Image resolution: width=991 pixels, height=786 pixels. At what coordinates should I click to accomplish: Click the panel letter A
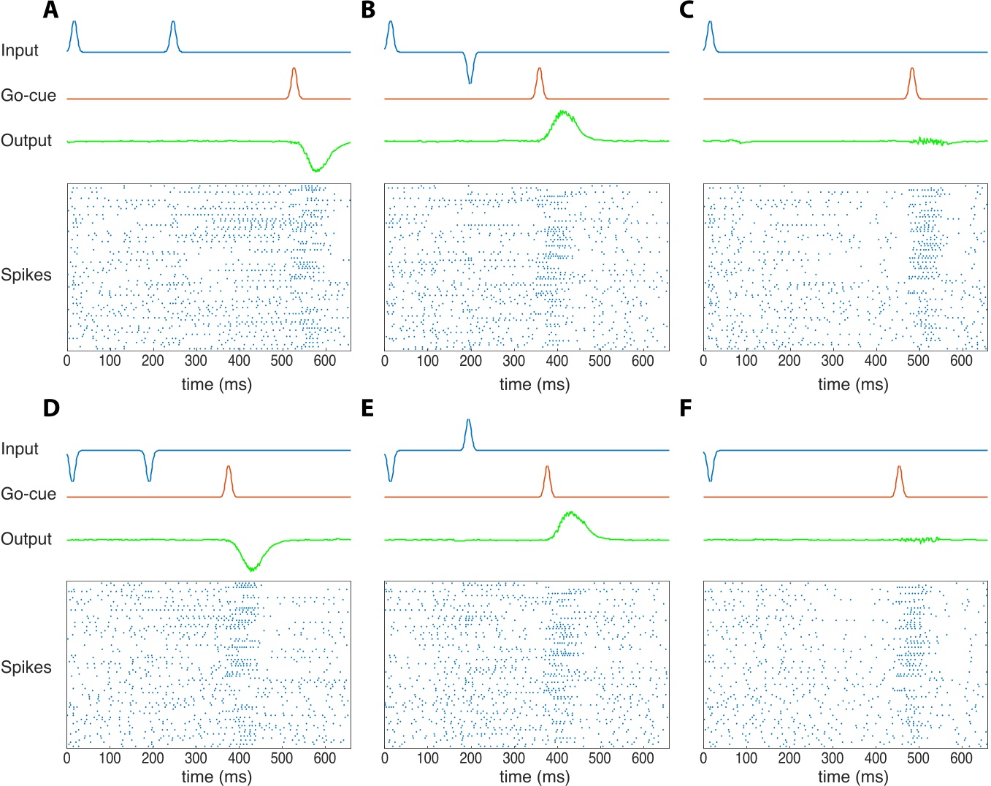(x=50, y=10)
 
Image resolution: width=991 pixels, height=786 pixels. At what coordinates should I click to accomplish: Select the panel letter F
(x=685, y=408)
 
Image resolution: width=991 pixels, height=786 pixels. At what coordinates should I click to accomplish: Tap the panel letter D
(x=50, y=408)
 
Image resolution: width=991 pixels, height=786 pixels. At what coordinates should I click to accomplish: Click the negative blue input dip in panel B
(x=470, y=80)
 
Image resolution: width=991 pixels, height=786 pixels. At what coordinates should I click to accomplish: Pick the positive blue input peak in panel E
(x=468, y=422)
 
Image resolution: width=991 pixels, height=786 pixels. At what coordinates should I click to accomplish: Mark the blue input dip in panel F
(x=710, y=478)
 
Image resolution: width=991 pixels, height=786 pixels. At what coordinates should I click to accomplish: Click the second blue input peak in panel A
(x=173, y=24)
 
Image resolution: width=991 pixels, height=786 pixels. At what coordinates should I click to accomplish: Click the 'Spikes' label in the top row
(x=26, y=275)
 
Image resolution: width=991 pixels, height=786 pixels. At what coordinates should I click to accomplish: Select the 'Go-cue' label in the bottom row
(x=28, y=494)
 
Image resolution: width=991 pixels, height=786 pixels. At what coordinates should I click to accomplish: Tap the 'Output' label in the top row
(x=26, y=140)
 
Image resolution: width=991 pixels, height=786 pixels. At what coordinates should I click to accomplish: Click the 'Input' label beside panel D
(x=20, y=449)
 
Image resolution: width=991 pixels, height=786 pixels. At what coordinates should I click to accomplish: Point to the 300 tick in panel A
(x=196, y=360)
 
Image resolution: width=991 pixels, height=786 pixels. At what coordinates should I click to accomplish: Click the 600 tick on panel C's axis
(x=961, y=360)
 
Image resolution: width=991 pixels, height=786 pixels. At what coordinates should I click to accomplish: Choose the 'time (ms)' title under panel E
(x=535, y=777)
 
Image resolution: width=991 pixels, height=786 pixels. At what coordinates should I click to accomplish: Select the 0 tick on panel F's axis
(x=703, y=758)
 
